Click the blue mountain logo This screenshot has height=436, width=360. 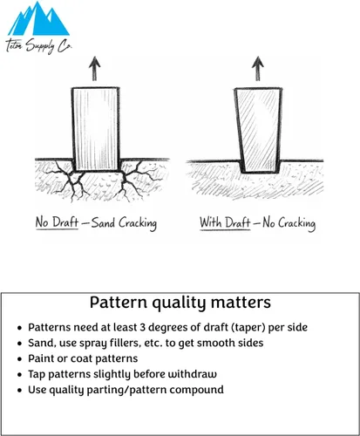pos(38,19)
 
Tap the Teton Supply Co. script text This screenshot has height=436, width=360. pos(38,46)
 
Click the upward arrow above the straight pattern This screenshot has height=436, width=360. pos(94,68)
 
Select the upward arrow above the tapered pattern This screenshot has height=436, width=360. pos(258,68)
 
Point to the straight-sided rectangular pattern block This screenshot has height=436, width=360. pos(96,129)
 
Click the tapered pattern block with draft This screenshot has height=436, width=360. pos(258,130)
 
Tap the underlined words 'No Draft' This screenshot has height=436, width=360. pos(57,223)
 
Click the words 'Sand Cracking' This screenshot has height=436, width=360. pos(124,223)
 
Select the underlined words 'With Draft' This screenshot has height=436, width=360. pos(225,223)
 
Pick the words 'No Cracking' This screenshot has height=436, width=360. pos(289,223)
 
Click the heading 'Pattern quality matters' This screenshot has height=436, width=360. pos(180,303)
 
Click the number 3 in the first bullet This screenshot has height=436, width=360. pos(142,327)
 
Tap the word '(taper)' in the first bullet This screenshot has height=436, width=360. pos(248,328)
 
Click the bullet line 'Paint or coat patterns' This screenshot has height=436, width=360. pos(83,358)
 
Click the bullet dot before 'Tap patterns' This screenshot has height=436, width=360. pos(19,374)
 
